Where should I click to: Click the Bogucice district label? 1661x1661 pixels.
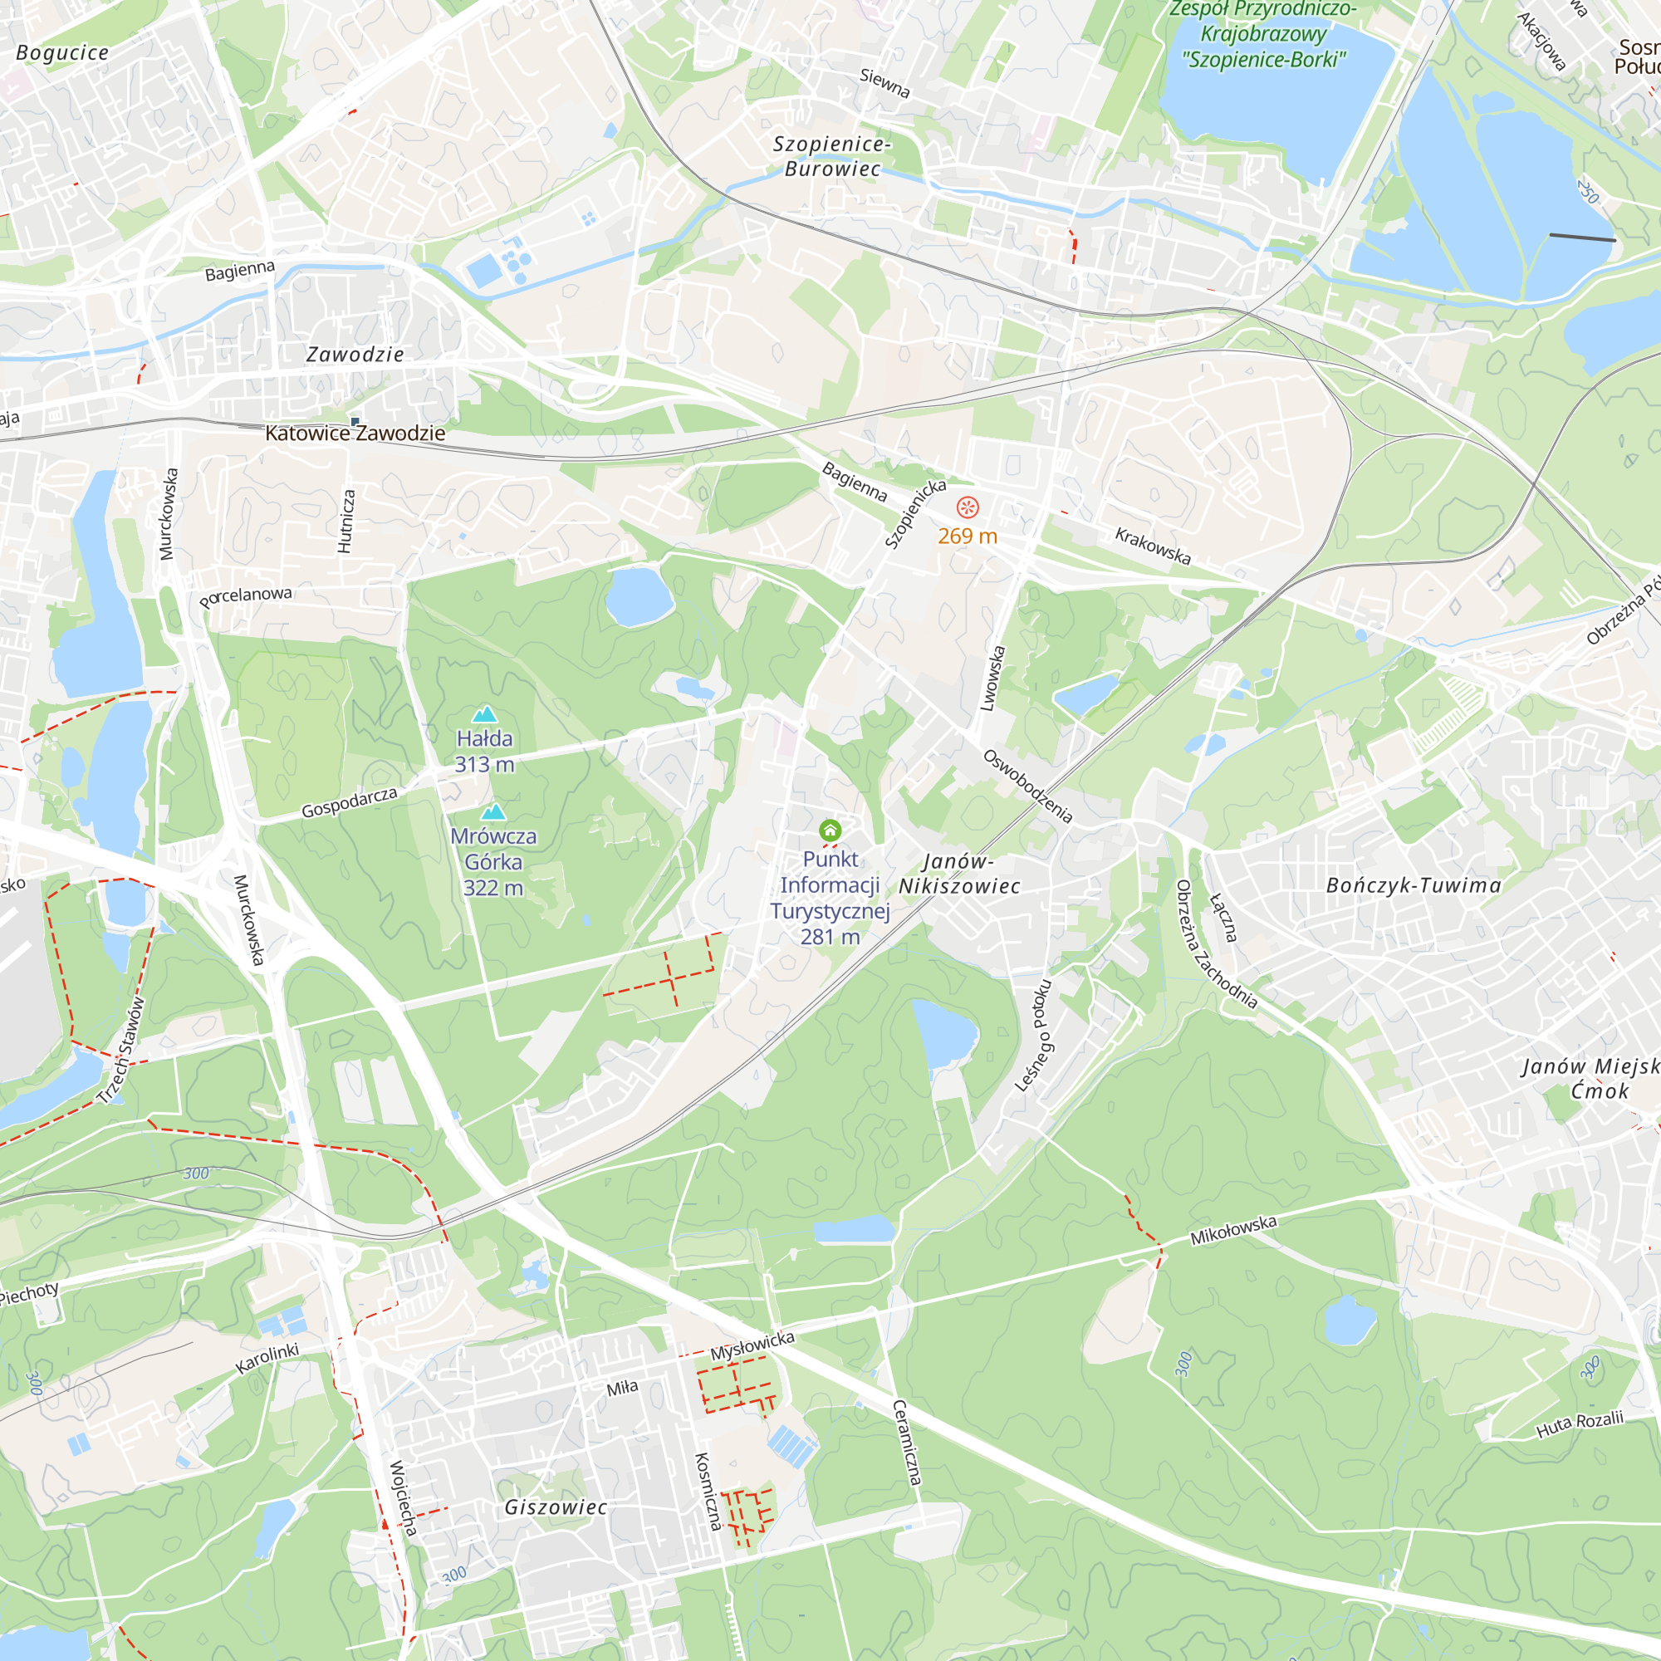[x=63, y=53]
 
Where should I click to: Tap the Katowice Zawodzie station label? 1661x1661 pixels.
[x=355, y=434]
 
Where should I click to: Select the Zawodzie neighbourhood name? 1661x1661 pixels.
[x=355, y=355]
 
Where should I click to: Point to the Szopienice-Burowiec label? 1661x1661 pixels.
[x=832, y=156]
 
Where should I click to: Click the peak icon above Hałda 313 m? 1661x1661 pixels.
[x=485, y=713]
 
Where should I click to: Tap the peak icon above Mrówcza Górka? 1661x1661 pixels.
[x=492, y=811]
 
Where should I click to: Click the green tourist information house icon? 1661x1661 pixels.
[x=830, y=830]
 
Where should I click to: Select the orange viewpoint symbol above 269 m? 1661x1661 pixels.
[x=968, y=508]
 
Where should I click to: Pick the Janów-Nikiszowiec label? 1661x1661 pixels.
[x=958, y=874]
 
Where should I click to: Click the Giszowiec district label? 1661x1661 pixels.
[x=556, y=1507]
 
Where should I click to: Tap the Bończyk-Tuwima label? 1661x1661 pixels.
[x=1414, y=885]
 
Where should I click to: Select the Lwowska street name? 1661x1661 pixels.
[x=993, y=679]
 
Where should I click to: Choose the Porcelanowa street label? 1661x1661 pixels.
[x=246, y=595]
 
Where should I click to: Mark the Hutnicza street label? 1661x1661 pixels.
[x=345, y=521]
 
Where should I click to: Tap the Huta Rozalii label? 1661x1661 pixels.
[x=1580, y=1423]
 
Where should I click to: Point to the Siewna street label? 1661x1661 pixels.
[x=884, y=83]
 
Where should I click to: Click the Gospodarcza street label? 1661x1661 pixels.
[x=349, y=802]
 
